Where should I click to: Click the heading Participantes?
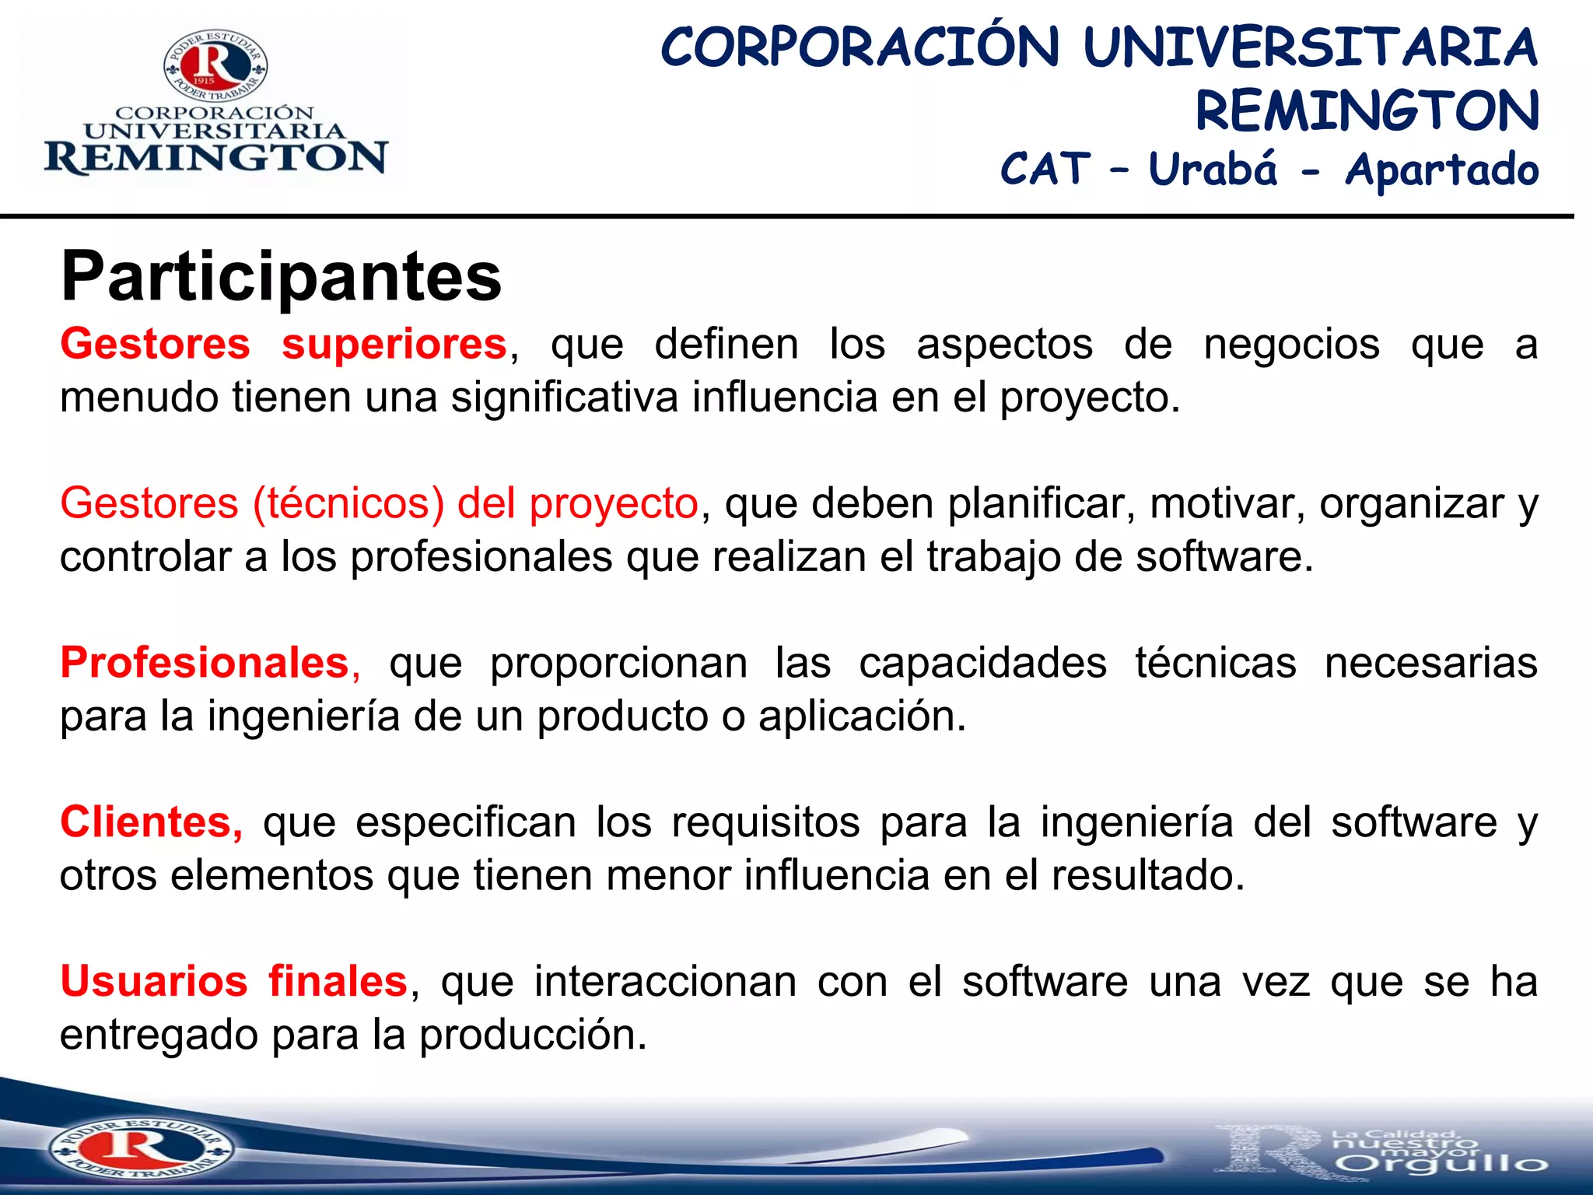(x=281, y=277)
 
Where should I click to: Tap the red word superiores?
(x=394, y=345)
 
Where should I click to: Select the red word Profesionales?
(x=205, y=663)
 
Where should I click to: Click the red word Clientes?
(x=146, y=822)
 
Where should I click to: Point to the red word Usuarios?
(x=154, y=982)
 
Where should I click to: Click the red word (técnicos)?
(x=348, y=503)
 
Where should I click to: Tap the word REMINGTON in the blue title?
(x=1367, y=111)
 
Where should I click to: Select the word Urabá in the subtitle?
(x=1213, y=170)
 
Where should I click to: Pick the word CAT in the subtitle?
(x=1045, y=170)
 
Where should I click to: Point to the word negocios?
(x=1291, y=345)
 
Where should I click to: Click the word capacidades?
(x=982, y=663)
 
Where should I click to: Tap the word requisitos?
(x=765, y=822)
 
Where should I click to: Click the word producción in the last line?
(x=533, y=1036)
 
